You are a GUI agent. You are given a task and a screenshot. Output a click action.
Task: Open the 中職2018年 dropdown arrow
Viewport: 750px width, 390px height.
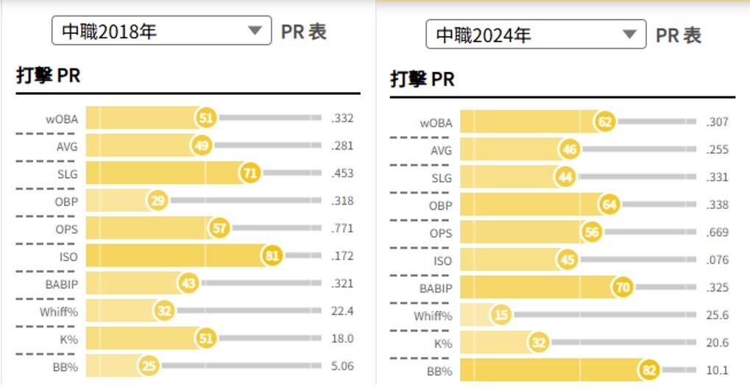pyautogui.click(x=255, y=31)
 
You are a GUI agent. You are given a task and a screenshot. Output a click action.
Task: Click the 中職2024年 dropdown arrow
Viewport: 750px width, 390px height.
pyautogui.click(x=629, y=35)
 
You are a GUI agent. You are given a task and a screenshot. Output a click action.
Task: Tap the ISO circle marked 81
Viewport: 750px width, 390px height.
pyautogui.click(x=272, y=256)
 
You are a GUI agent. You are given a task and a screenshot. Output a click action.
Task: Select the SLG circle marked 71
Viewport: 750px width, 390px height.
pyautogui.click(x=249, y=174)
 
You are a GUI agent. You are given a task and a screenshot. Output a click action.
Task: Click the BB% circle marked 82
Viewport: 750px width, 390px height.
pyautogui.click(x=649, y=370)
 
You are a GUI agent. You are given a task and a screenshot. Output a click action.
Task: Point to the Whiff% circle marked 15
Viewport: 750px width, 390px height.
pyautogui.click(x=501, y=315)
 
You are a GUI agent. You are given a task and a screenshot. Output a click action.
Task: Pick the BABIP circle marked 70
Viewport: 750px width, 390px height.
pyautogui.click(x=623, y=287)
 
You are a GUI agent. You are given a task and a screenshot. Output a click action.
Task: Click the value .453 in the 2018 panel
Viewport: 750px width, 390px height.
pyautogui.click(x=342, y=174)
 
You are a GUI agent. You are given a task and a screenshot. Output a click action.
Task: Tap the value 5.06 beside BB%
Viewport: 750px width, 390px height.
pyautogui.click(x=342, y=366)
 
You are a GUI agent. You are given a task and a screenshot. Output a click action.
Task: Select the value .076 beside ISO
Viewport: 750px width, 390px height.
pyautogui.click(x=716, y=260)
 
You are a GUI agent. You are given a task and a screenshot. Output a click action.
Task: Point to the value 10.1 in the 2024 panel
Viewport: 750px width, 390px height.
pyautogui.click(x=717, y=370)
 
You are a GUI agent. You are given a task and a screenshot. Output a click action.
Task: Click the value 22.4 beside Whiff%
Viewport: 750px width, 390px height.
pyautogui.click(x=342, y=311)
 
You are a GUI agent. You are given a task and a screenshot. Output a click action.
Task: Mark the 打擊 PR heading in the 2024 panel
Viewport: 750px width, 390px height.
pyautogui.click(x=422, y=79)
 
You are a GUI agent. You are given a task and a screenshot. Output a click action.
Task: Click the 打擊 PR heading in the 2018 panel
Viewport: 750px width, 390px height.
pyautogui.click(x=48, y=76)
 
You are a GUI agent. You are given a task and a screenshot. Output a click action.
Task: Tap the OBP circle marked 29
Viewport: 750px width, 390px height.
pyautogui.click(x=158, y=201)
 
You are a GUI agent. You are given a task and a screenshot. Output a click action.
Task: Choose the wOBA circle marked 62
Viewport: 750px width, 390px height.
pyautogui.click(x=606, y=122)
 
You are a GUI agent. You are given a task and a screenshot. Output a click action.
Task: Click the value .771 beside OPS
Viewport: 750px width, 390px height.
pyautogui.click(x=342, y=229)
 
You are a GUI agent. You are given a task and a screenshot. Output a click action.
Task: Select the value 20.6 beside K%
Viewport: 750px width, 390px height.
pyautogui.click(x=717, y=342)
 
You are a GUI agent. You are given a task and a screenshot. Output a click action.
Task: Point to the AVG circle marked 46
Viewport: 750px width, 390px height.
pyautogui.click(x=568, y=150)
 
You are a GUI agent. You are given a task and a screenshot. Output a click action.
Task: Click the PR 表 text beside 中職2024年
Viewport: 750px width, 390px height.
pyautogui.click(x=678, y=35)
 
